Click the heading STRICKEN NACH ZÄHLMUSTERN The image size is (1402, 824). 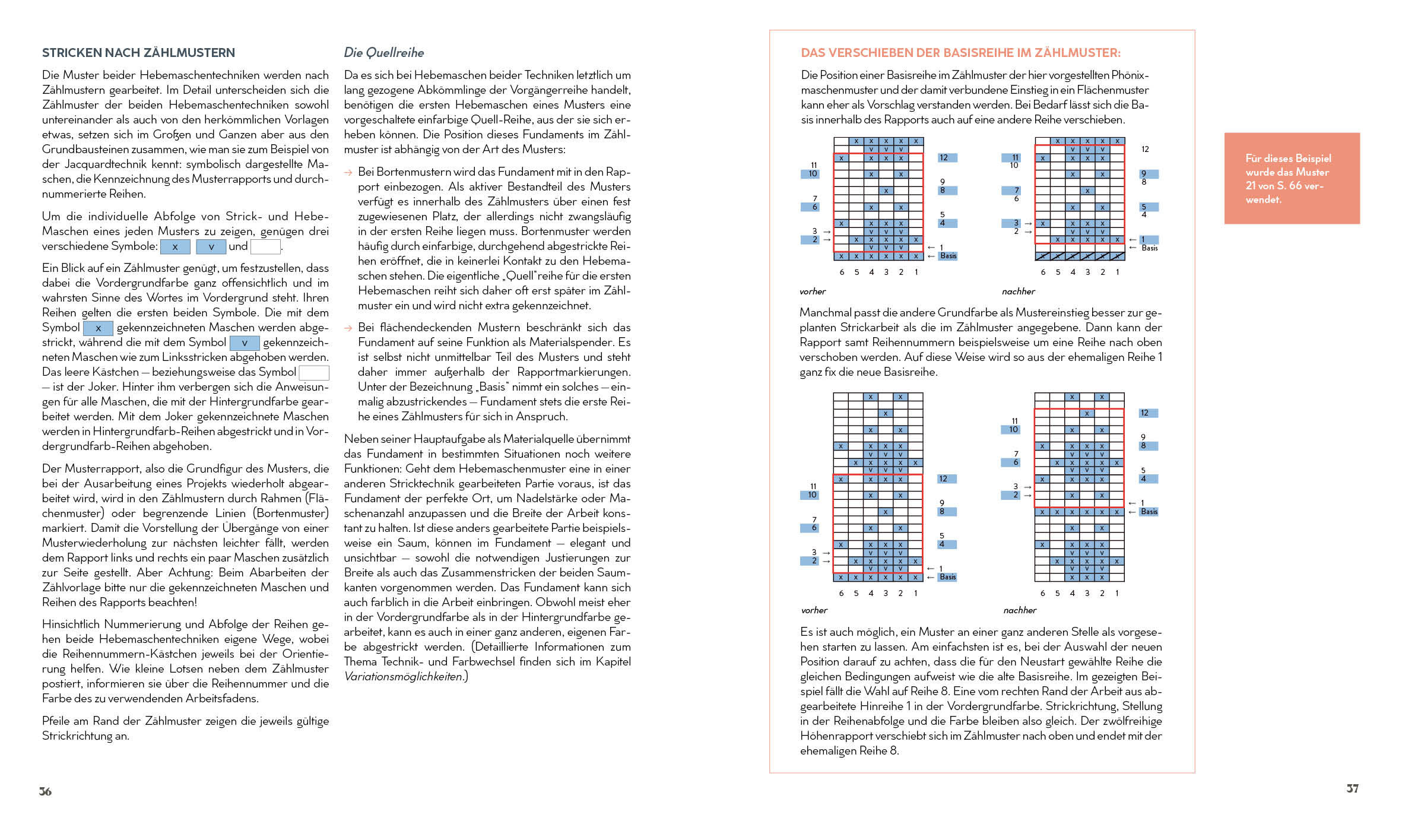(x=138, y=53)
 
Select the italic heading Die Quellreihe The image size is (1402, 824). (x=383, y=53)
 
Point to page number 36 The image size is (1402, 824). (x=45, y=791)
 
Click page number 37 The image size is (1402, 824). (x=1352, y=788)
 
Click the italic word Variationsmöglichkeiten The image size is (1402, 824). (x=403, y=677)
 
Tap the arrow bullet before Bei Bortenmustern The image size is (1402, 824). (x=348, y=173)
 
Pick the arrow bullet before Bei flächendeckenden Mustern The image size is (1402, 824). (x=348, y=328)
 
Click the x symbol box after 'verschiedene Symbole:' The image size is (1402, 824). (x=175, y=247)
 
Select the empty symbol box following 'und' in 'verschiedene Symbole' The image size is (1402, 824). (x=265, y=247)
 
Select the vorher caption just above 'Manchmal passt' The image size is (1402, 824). (x=813, y=291)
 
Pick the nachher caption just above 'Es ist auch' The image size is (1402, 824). (x=1019, y=610)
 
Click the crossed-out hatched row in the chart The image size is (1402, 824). (x=1079, y=256)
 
